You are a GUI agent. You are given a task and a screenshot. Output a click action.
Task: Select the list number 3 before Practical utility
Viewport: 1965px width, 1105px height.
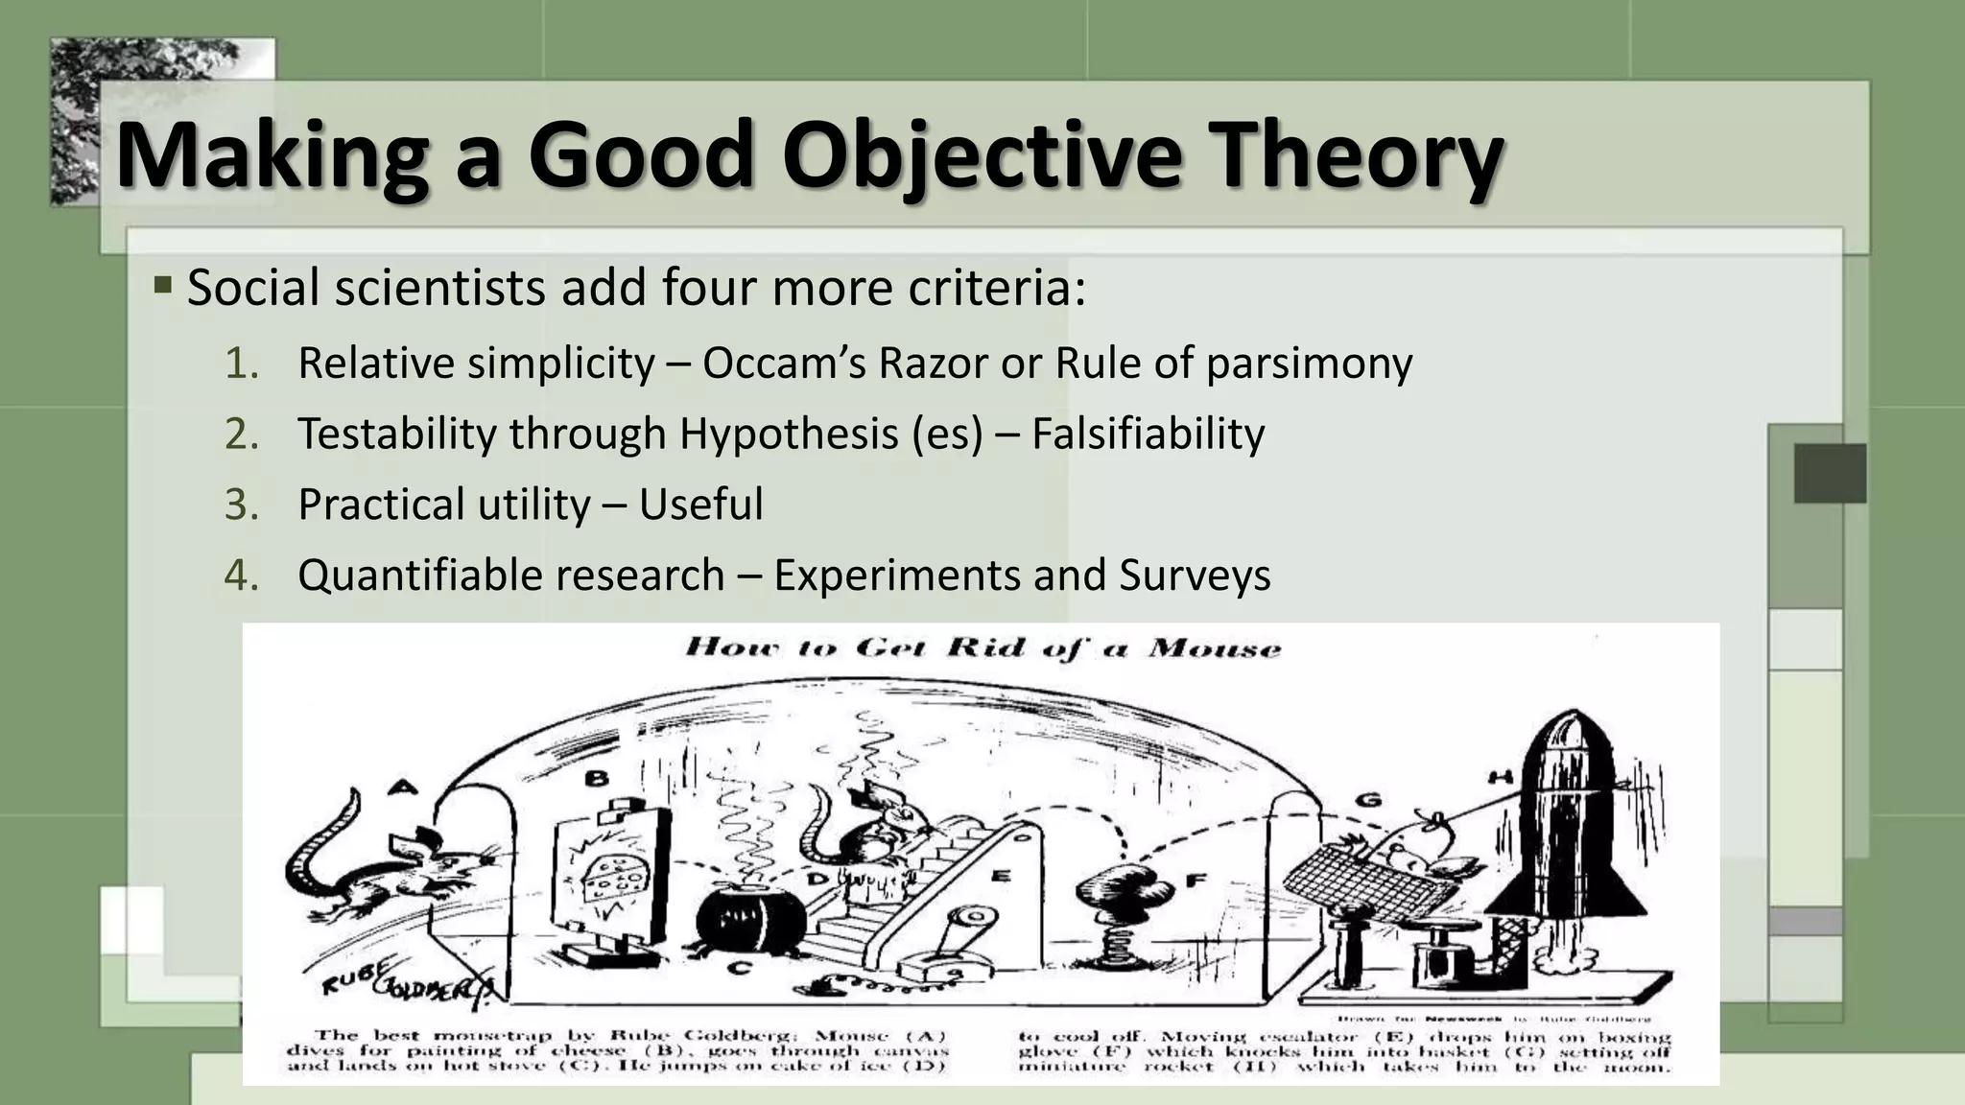coord(241,505)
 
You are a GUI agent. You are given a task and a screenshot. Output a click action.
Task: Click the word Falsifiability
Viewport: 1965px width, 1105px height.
coord(1148,434)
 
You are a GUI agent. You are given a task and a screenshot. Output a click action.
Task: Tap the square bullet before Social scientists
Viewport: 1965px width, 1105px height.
coord(162,285)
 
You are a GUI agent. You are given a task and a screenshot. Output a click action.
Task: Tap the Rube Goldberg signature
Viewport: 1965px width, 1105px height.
coord(403,982)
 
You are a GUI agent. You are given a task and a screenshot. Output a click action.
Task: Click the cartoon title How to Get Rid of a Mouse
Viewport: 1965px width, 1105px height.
coord(982,648)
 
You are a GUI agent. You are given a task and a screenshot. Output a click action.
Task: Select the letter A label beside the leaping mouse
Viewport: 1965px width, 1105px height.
coord(404,788)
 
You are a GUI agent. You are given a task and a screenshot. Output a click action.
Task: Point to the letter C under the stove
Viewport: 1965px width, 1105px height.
coord(738,968)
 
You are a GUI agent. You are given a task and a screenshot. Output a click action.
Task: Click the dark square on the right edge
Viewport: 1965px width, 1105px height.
coord(1830,473)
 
